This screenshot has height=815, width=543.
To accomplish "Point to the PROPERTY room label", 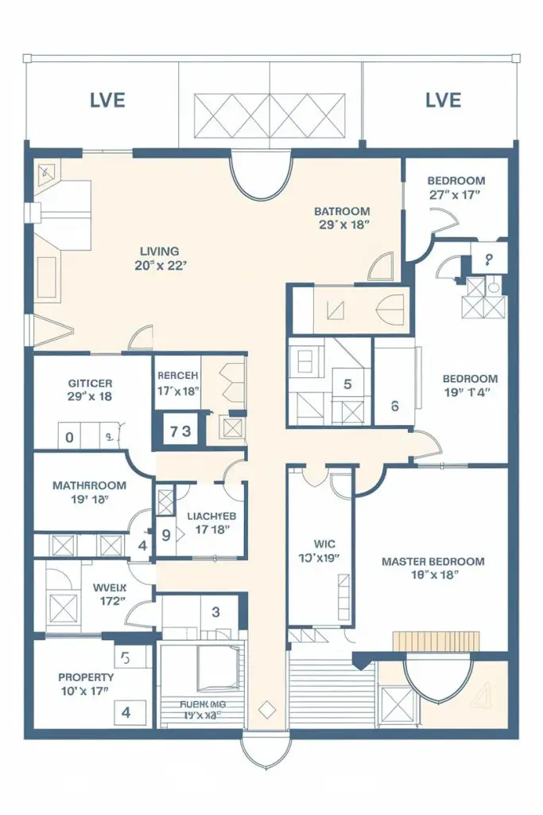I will [x=86, y=677].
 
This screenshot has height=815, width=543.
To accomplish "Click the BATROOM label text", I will [x=342, y=211].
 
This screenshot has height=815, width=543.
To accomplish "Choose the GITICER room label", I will [x=90, y=382].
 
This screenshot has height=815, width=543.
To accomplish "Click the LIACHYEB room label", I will [x=208, y=515].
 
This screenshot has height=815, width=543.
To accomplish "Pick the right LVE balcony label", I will [x=443, y=100].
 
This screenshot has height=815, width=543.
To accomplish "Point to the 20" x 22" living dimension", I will [x=160, y=266].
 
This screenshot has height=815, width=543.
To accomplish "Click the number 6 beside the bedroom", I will [x=395, y=404].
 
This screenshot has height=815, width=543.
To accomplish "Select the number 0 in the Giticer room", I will [x=69, y=437].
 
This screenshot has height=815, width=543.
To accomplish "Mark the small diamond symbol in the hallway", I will [x=267, y=708].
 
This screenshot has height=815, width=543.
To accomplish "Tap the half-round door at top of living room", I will [x=261, y=177].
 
